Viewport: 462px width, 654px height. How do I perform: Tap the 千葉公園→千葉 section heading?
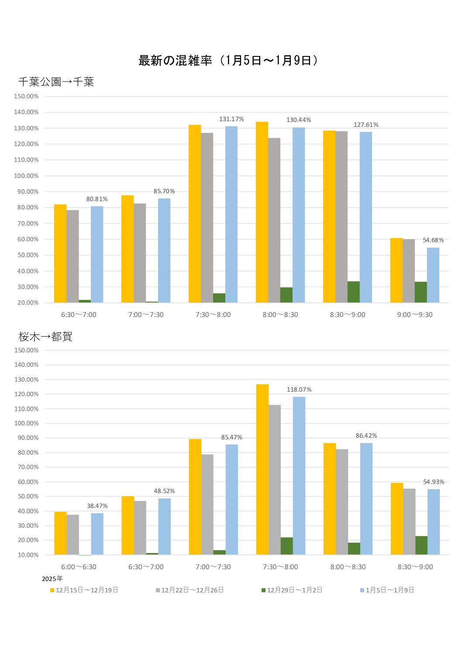[x=56, y=82]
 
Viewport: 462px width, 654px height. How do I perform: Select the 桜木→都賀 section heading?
[x=45, y=337]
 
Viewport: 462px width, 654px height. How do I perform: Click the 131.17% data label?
[x=231, y=119]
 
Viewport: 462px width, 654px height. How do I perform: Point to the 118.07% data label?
[x=299, y=390]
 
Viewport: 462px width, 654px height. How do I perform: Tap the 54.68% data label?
[x=433, y=240]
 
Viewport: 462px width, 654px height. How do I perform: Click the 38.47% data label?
[x=97, y=506]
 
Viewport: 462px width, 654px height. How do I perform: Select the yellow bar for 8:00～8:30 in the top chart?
[x=262, y=212]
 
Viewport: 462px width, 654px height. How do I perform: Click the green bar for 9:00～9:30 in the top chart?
[x=421, y=292]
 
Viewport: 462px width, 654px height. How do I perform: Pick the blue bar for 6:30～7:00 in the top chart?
[x=97, y=254]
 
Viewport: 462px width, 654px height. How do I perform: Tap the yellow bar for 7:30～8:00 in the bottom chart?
[x=262, y=470]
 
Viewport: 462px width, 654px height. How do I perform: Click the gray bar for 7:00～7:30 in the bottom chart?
[x=207, y=504]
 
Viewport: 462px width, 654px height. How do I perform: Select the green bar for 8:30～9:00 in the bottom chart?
[x=421, y=545]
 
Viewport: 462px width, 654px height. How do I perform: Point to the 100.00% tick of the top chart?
[x=27, y=176]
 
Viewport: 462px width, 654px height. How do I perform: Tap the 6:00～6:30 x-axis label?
[x=79, y=567]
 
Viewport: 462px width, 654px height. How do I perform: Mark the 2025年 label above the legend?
[x=52, y=579]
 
